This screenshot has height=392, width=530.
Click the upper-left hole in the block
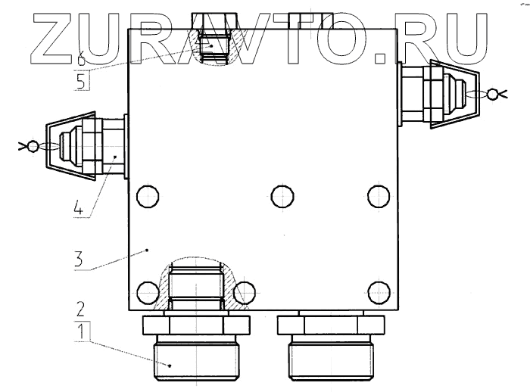click(x=147, y=197)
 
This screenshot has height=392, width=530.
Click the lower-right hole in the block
click(x=378, y=289)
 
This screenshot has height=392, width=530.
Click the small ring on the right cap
click(x=494, y=94)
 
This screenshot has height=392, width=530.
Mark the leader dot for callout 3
click(x=148, y=247)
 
